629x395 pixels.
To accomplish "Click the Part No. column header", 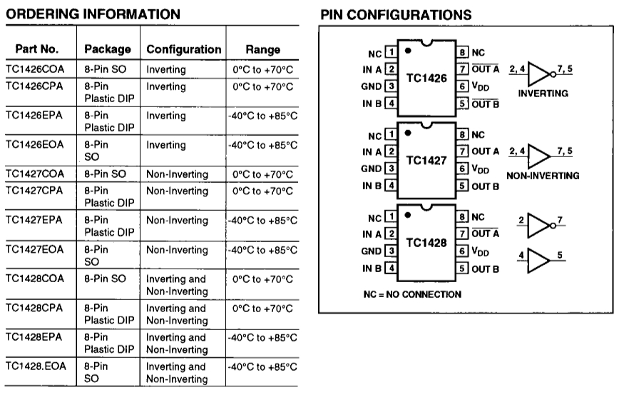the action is [37, 49].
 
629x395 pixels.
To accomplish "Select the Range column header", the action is [262, 49].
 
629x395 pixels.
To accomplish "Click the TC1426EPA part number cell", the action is [34, 115].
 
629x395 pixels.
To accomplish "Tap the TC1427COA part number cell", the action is [35, 174].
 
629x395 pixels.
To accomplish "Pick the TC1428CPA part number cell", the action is [34, 308].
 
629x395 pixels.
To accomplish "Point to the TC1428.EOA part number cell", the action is [36, 366].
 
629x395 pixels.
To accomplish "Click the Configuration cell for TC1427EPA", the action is [178, 220].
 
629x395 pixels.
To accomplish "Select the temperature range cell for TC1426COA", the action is [262, 69].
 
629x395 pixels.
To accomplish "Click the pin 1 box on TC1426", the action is [391, 52].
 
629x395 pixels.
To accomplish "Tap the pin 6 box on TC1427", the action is [462, 169].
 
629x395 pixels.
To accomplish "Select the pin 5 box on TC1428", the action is [462, 268].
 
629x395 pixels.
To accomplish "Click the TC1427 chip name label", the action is [426, 161].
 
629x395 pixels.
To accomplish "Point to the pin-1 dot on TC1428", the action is [408, 215].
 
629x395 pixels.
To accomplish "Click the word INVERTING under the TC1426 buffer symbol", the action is [543, 94].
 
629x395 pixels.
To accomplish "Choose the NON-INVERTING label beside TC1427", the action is [543, 176].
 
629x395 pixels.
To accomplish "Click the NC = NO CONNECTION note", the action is [412, 294].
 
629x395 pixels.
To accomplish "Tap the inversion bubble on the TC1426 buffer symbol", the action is [553, 74].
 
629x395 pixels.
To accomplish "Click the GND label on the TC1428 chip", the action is [371, 251].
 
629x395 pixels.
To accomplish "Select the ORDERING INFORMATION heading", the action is [93, 14].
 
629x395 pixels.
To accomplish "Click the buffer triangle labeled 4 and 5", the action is [538, 261].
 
